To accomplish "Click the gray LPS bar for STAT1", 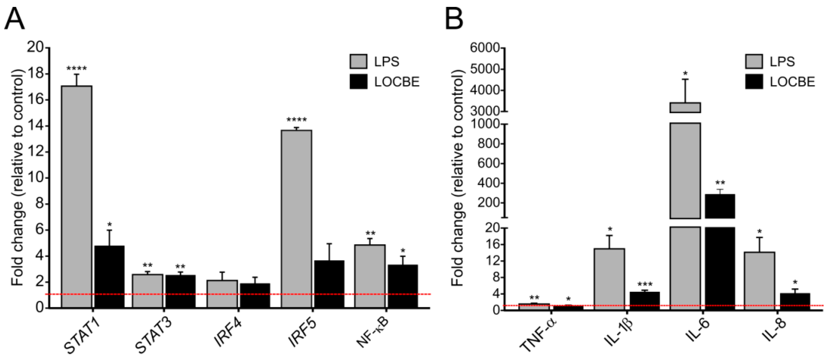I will tap(77, 197).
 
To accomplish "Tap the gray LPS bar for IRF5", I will tap(296, 219).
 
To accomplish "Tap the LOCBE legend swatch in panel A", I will tap(358, 82).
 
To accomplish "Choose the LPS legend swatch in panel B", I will tap(754, 61).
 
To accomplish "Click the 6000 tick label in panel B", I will tap(484, 48).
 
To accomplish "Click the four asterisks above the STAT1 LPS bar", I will tap(77, 69).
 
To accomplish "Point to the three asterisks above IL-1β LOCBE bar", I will tap(645, 285).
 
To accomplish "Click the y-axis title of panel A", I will tap(18, 177).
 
